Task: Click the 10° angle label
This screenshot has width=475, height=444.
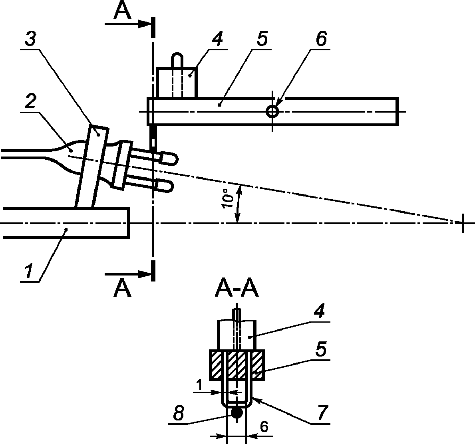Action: pos(227,198)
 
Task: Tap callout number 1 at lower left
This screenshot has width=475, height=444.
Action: pos(29,271)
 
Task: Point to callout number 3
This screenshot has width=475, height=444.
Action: pos(30,39)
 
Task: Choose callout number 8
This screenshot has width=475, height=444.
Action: pos(179,413)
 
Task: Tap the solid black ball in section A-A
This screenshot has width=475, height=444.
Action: pos(237,413)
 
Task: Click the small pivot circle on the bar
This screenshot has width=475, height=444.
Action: pos(272,111)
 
